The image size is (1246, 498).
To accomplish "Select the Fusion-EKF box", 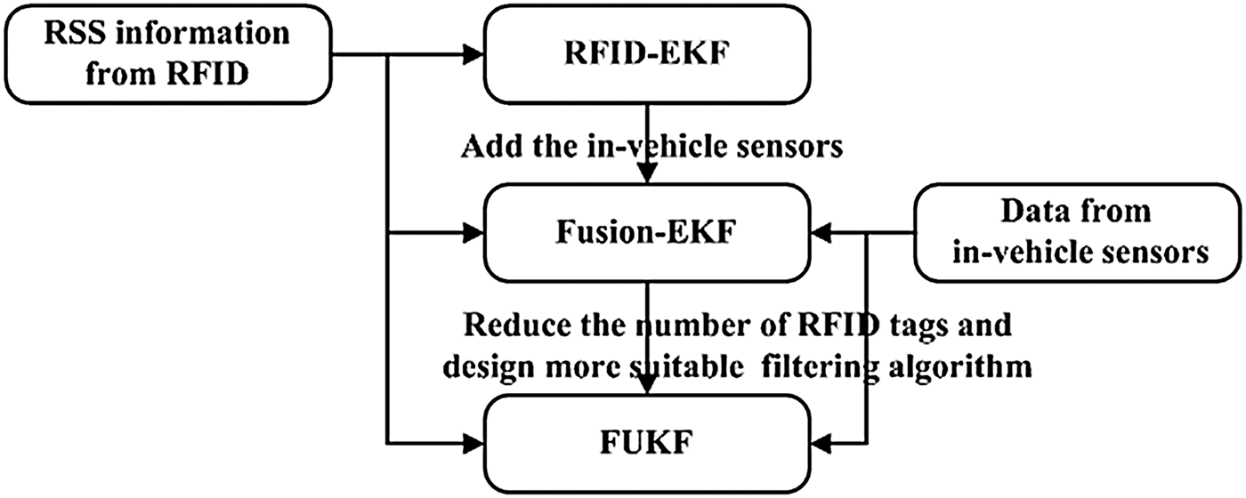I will click(x=646, y=234).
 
